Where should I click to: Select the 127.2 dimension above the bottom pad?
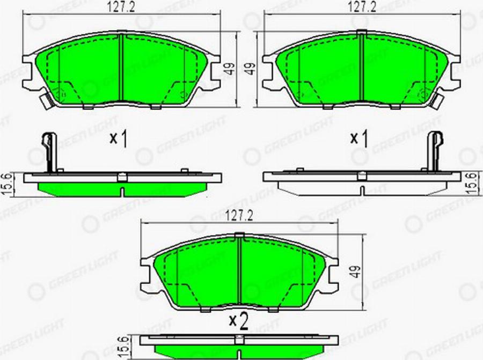pos(239,216)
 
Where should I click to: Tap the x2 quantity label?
pos(239,321)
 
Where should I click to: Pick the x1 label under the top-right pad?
pos(359,138)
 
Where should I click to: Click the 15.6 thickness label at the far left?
pos(8,184)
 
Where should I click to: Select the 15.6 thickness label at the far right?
pos(472,183)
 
